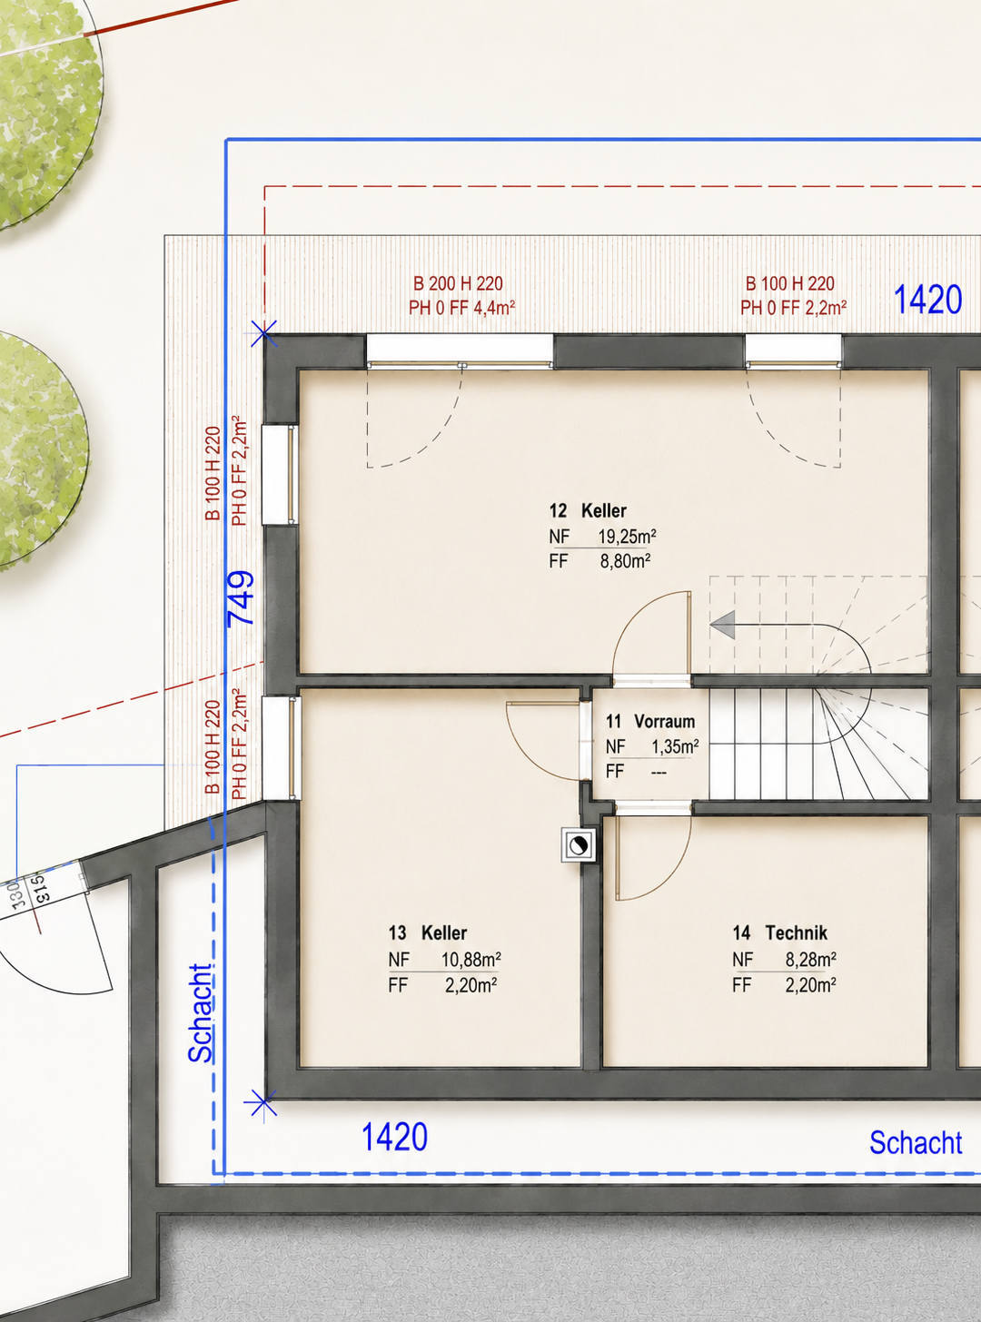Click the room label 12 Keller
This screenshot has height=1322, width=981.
[588, 511]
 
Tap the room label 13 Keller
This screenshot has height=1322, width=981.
[428, 932]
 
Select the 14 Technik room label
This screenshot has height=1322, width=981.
[780, 932]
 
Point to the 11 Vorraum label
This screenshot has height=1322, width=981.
[650, 722]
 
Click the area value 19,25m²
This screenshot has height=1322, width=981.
[627, 537]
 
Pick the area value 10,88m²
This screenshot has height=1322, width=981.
[471, 960]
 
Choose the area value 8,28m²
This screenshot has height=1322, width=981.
[810, 960]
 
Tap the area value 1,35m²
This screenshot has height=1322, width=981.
[675, 747]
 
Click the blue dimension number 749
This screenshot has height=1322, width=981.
[241, 598]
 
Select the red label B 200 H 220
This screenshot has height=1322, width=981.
[458, 283]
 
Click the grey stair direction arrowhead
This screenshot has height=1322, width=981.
[722, 625]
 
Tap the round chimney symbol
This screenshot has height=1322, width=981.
[579, 845]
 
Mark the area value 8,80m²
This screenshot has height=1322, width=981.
[625, 561]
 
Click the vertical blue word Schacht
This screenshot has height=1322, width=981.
[201, 1013]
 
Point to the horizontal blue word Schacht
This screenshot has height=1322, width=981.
[916, 1142]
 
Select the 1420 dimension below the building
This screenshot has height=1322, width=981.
[394, 1137]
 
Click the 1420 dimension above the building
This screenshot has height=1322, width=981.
[927, 300]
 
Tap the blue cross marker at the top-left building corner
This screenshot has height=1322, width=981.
[263, 334]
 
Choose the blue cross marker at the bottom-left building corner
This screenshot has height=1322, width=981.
[261, 1103]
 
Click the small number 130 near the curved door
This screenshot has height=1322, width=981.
[17, 894]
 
